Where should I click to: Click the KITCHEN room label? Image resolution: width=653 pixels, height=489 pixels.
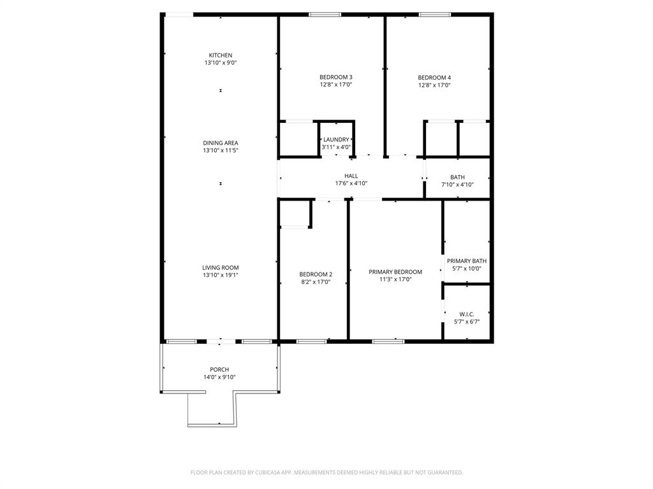[x=220, y=55]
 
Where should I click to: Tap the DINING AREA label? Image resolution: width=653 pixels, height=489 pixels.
[x=220, y=143]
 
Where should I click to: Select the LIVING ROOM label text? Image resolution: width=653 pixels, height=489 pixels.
[x=220, y=268]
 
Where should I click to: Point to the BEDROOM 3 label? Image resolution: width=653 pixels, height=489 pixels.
[x=336, y=77]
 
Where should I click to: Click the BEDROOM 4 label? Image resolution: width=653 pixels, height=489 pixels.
[x=434, y=78]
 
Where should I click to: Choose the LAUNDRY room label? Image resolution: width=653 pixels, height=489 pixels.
[x=336, y=139]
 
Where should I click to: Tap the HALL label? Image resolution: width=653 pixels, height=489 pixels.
[x=351, y=176]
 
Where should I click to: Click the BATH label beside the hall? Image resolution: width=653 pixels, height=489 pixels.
[x=457, y=178]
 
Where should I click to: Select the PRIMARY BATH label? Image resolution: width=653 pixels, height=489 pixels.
[x=466, y=261]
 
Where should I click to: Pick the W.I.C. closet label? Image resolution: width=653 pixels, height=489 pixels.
[x=466, y=315]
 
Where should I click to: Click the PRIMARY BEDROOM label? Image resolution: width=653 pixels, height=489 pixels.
[x=395, y=272]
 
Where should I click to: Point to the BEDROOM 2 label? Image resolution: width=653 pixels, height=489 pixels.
[x=316, y=275]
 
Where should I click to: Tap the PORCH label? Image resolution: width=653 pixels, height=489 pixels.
[x=219, y=370]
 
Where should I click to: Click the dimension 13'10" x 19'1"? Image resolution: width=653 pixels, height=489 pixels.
[x=220, y=276]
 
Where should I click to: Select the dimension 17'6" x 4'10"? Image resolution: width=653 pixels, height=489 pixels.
[x=351, y=184]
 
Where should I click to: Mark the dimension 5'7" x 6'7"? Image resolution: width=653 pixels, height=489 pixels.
[x=466, y=322]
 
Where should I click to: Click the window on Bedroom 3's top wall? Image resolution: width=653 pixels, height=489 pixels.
[x=325, y=15]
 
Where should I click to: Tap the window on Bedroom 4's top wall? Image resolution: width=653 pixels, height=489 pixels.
[x=435, y=15]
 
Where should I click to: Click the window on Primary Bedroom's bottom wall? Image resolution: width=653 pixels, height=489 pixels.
[x=388, y=341]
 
